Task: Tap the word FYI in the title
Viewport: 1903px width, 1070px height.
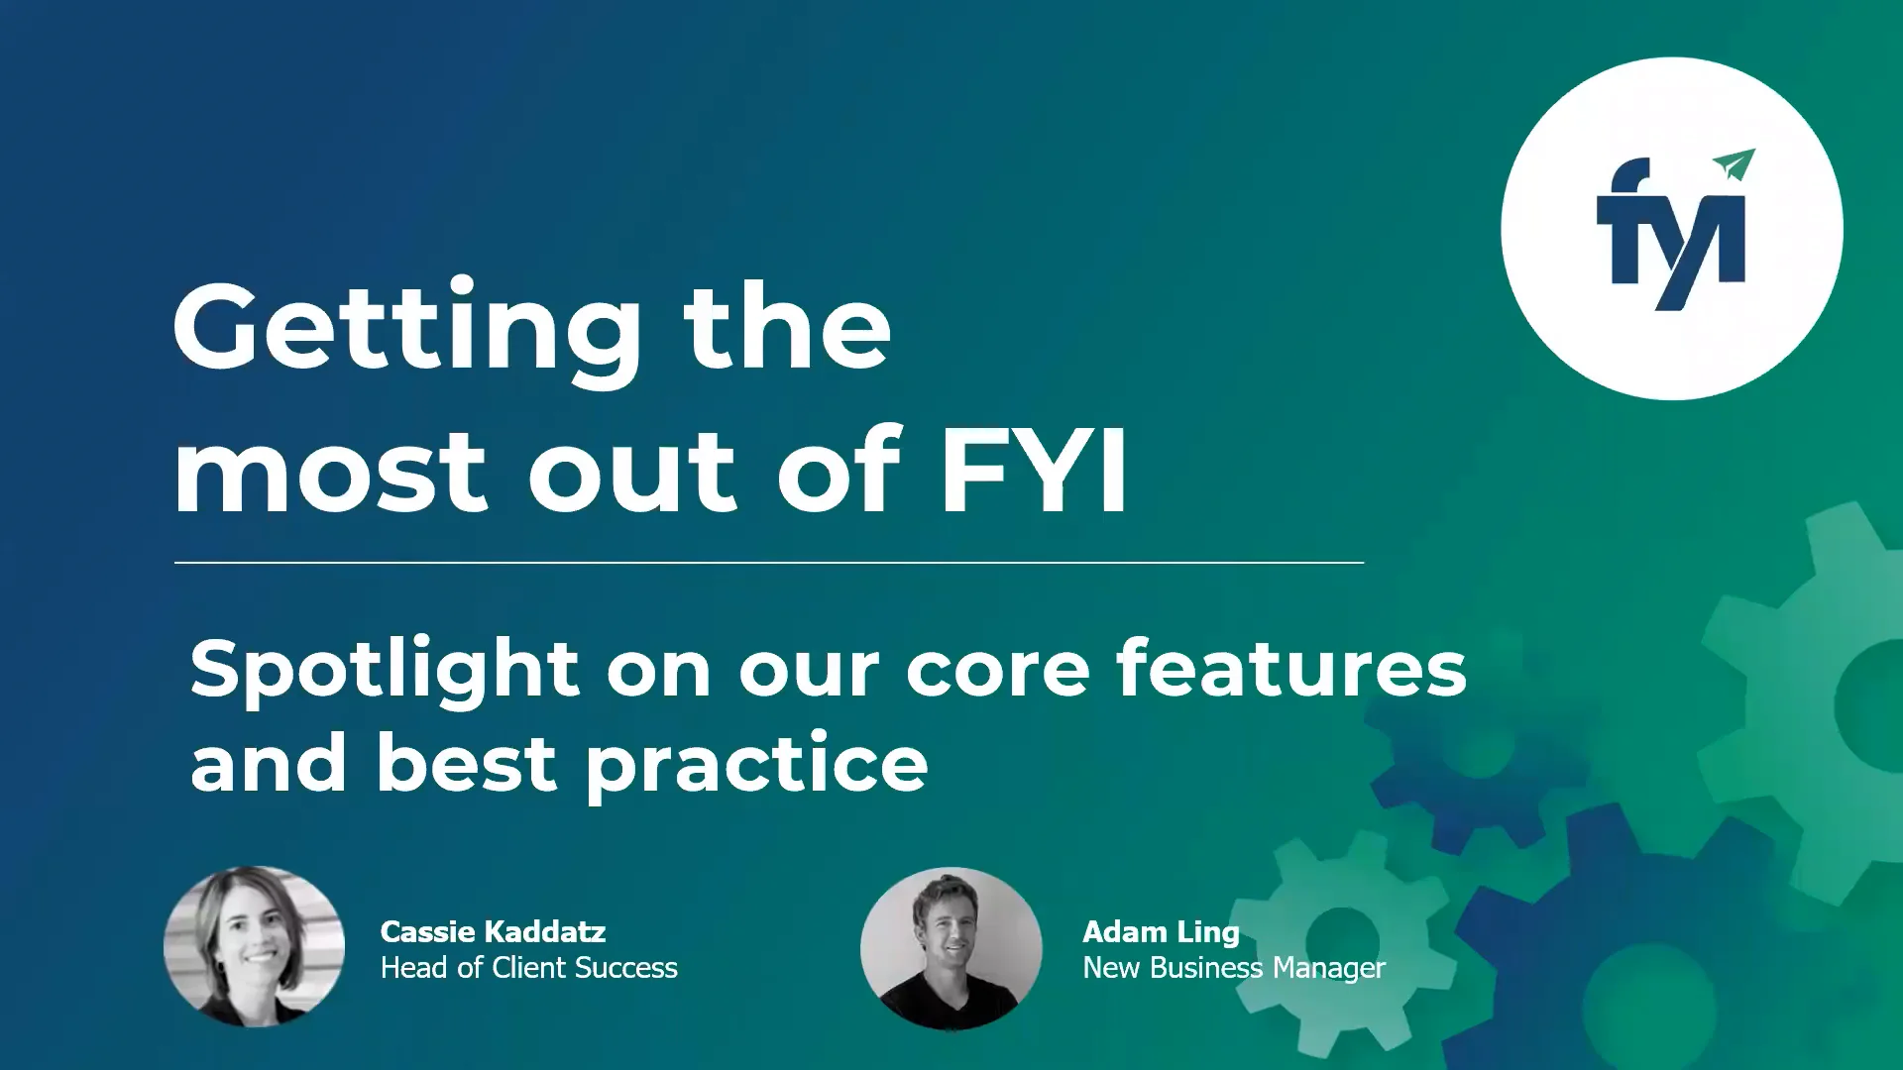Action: pyautogui.click(x=1033, y=471)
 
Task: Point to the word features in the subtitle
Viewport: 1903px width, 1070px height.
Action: pyautogui.click(x=1290, y=669)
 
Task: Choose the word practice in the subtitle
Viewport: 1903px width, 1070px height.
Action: pyautogui.click(x=756, y=766)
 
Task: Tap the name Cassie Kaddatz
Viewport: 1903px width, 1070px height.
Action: pyautogui.click(x=493, y=932)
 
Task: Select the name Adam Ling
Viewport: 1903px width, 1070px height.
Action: pyautogui.click(x=1161, y=932)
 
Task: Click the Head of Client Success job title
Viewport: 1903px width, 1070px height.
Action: pyautogui.click(x=528, y=968)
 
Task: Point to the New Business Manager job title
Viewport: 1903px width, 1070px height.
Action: pyautogui.click(x=1234, y=968)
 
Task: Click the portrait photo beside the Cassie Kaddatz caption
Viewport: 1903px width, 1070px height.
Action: pyautogui.click(x=255, y=946)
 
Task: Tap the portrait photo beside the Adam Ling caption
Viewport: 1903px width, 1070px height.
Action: pyautogui.click(x=951, y=948)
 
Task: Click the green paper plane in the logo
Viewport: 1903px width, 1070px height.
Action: pyautogui.click(x=1734, y=164)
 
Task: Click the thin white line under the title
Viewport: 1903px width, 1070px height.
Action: pyautogui.click(x=769, y=563)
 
